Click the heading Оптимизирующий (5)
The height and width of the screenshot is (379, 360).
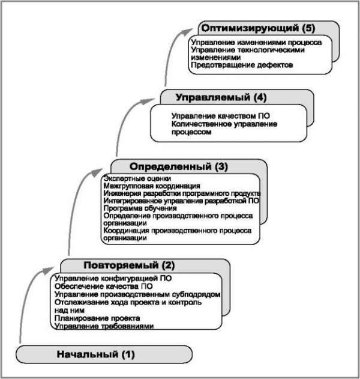[x=258, y=28]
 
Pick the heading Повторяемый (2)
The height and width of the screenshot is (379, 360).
[x=129, y=264]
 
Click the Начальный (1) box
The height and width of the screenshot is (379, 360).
[x=96, y=354]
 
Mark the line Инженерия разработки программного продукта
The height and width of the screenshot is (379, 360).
[x=181, y=194]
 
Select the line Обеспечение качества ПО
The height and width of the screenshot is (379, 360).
[x=104, y=287]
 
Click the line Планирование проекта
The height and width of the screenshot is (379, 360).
[x=97, y=318]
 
